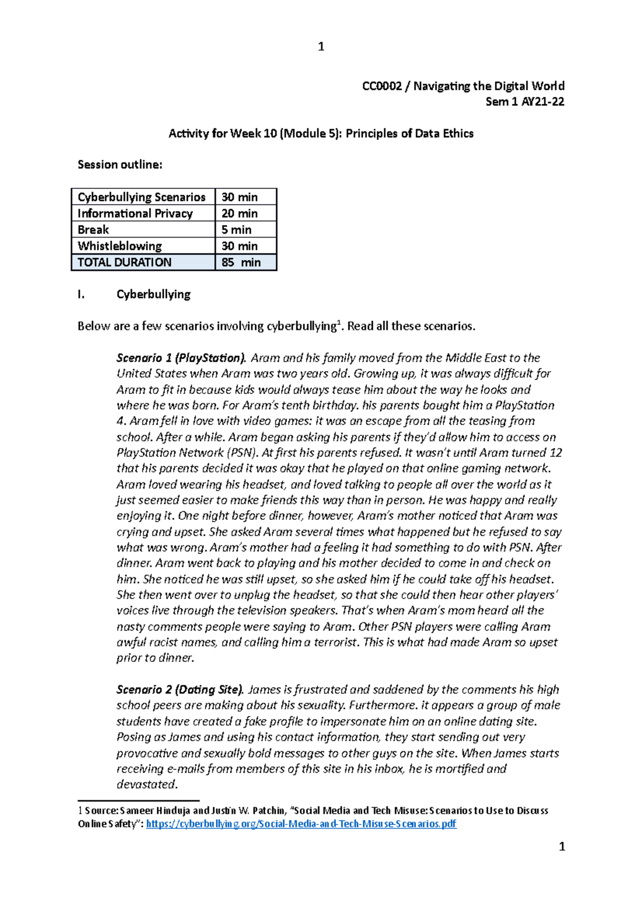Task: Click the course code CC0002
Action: tap(381, 86)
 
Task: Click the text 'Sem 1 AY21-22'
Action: tap(524, 102)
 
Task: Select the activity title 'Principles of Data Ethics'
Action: tap(409, 133)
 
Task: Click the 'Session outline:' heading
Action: tap(120, 165)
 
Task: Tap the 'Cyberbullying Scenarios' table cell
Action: tap(142, 197)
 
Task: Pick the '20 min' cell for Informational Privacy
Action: tap(240, 213)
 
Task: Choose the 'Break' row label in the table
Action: tap(94, 230)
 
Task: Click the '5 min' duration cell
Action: tap(236, 230)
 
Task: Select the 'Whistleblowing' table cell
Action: tap(120, 246)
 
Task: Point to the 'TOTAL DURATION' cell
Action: tap(125, 263)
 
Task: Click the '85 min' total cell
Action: tap(241, 263)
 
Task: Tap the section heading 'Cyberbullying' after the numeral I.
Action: tap(154, 294)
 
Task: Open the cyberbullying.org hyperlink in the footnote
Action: tap(301, 824)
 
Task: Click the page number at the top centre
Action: tap(321, 47)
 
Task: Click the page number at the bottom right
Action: tap(562, 847)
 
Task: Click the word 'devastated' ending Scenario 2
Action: tap(146, 784)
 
